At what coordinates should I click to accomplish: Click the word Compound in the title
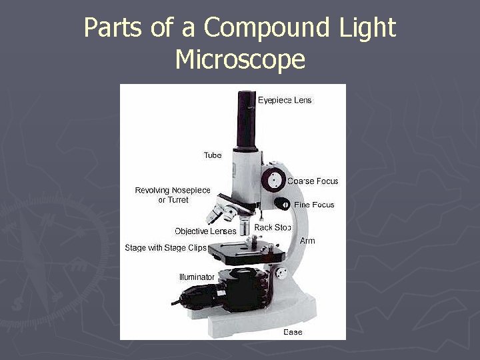tap(269, 28)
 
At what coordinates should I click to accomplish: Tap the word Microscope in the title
tap(240, 60)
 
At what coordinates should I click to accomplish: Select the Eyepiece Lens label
tap(285, 101)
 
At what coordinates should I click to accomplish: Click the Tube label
tap(213, 155)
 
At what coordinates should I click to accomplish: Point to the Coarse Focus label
tap(313, 181)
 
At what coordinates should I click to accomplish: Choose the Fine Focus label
tap(314, 205)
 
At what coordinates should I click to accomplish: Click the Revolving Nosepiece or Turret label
tap(173, 195)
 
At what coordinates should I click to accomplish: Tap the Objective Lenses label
tap(205, 231)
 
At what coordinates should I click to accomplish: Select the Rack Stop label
tap(273, 228)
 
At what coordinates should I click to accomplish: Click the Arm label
tap(307, 241)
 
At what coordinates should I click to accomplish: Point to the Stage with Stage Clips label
tap(165, 248)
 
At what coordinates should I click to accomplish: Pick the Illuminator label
tap(197, 277)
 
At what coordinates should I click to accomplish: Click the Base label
tap(293, 331)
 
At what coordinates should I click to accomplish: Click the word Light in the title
tap(366, 28)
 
